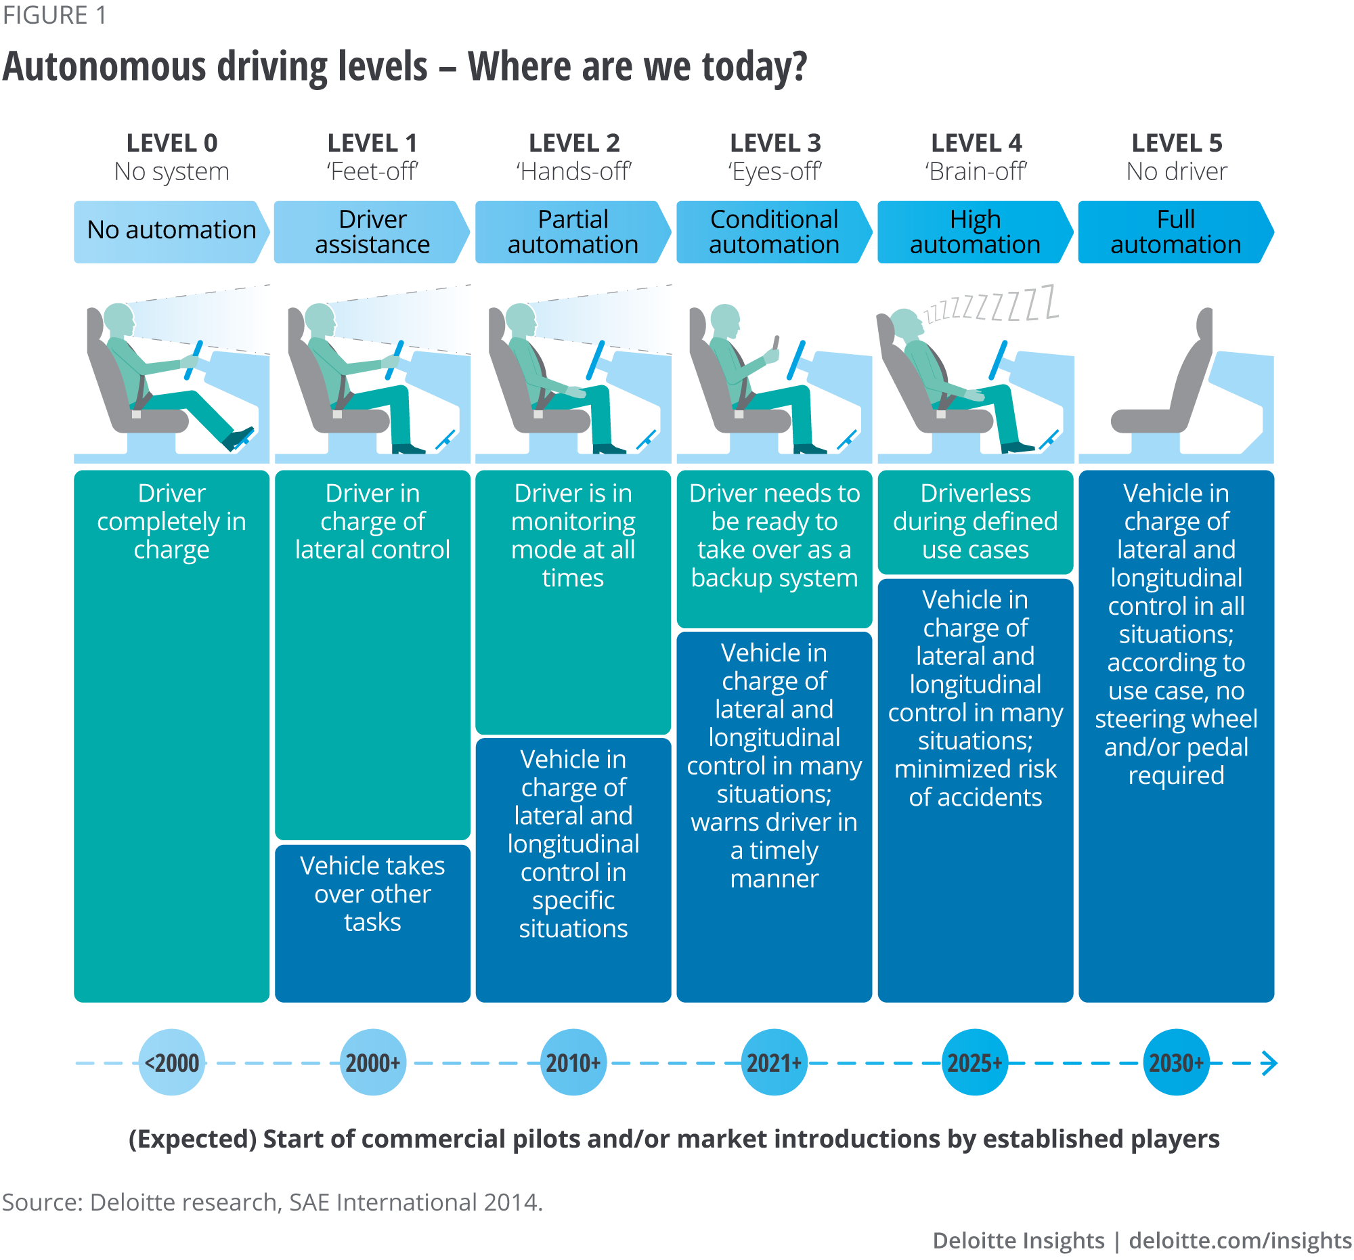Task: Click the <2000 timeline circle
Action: [172, 1062]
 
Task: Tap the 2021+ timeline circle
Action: [774, 1062]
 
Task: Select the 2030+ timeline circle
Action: [1175, 1062]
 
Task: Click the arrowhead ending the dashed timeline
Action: [1269, 1062]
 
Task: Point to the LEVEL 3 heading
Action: [774, 143]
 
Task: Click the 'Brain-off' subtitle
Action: [976, 171]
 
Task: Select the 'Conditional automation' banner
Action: [774, 232]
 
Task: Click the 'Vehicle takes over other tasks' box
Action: [372, 894]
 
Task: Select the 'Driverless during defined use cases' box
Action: [976, 521]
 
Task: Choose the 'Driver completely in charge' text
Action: [172, 521]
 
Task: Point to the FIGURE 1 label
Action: [54, 15]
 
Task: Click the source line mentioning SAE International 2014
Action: [272, 1202]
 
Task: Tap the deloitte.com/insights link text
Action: [1240, 1240]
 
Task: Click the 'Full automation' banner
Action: [1175, 232]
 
